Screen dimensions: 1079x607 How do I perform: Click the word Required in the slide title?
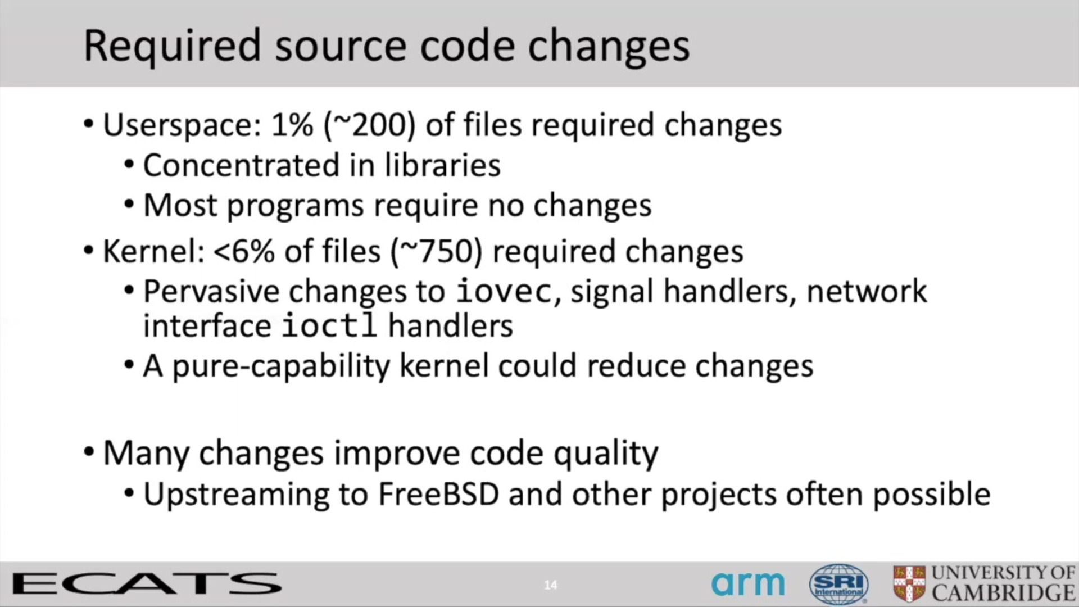(x=173, y=47)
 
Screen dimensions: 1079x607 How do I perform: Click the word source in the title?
(x=341, y=47)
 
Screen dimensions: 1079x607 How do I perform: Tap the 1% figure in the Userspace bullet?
(x=292, y=124)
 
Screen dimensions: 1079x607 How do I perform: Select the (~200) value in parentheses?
(x=369, y=125)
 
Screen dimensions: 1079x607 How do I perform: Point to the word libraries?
(x=442, y=165)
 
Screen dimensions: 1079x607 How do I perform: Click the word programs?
(x=296, y=207)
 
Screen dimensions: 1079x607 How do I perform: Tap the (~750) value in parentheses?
(x=437, y=252)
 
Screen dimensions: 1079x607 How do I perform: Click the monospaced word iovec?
(x=504, y=291)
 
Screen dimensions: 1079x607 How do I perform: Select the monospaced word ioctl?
(x=329, y=325)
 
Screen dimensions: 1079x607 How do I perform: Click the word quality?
(x=606, y=455)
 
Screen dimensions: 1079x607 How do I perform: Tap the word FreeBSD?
(x=439, y=495)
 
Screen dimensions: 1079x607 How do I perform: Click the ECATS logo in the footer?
(x=147, y=585)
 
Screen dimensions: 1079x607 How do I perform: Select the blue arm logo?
(x=748, y=584)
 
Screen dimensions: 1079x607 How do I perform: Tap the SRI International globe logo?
(x=838, y=585)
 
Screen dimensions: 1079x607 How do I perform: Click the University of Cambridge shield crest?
(x=909, y=585)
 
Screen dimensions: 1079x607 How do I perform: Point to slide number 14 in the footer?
(x=551, y=585)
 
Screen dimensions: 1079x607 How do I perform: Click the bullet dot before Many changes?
(x=89, y=452)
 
